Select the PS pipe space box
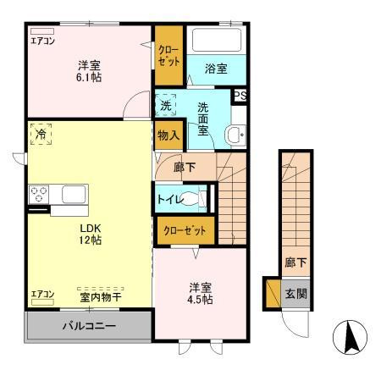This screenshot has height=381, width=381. [x=240, y=96]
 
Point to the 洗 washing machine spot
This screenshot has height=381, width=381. [x=166, y=106]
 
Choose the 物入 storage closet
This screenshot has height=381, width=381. [x=166, y=135]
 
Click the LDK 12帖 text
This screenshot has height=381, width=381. [x=91, y=235]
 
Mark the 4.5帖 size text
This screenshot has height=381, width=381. [x=201, y=299]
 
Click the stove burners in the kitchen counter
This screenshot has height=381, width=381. [x=40, y=194]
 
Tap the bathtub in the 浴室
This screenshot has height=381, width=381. [x=216, y=41]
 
